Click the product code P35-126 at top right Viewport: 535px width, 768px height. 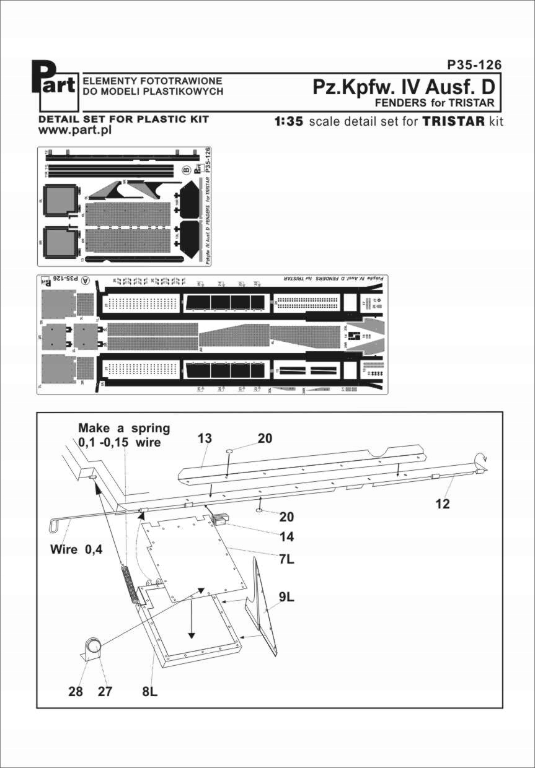point(474,65)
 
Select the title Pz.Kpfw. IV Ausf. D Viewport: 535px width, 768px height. point(406,87)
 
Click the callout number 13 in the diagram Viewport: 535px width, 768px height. point(205,439)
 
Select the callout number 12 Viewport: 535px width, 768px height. point(442,504)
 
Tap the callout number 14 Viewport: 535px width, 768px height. point(286,537)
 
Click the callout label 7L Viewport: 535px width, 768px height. point(286,560)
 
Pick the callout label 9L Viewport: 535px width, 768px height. point(286,598)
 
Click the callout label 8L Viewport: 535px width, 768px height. point(149,692)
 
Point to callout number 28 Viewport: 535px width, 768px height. point(76,692)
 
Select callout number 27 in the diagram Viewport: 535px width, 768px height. point(105,692)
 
